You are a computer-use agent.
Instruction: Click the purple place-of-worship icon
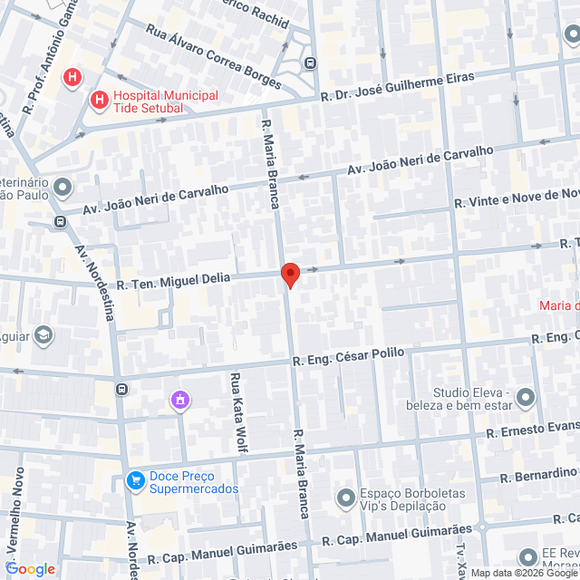click(179, 399)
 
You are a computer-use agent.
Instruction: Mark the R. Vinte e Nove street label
click(517, 198)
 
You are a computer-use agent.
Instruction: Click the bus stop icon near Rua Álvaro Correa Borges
click(311, 63)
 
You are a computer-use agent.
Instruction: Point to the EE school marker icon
click(528, 556)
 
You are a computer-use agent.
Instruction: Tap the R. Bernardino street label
click(539, 474)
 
